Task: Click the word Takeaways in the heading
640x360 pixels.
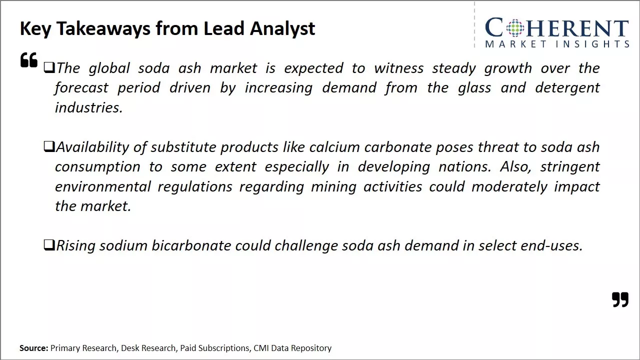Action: [x=103, y=29]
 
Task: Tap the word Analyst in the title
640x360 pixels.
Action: [x=282, y=29]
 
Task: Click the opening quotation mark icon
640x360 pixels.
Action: [x=29, y=59]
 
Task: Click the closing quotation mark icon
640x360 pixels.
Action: [x=620, y=299]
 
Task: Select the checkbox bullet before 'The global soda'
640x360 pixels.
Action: [x=49, y=67]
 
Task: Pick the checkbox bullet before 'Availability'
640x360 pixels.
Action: [x=49, y=146]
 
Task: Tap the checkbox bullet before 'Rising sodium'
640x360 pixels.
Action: [x=49, y=245]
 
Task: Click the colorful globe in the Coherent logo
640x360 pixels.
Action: [x=515, y=27]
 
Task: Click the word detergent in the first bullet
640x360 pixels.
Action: [x=567, y=88]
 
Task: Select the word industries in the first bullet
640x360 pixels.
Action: [x=88, y=107]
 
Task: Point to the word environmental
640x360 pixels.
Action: [x=103, y=187]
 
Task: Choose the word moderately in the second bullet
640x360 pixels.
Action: [x=509, y=187]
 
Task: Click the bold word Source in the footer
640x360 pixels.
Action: [x=33, y=348]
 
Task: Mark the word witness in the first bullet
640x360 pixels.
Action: [x=399, y=68]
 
